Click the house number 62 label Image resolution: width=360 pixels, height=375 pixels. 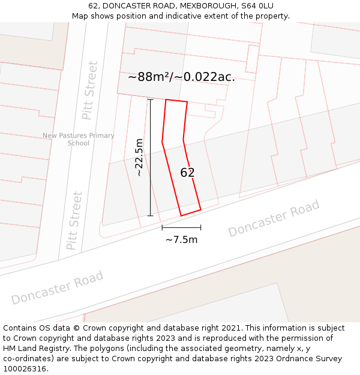point(187,173)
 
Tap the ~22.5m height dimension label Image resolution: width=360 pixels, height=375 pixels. point(139,157)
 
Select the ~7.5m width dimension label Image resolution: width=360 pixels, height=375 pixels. point(181,240)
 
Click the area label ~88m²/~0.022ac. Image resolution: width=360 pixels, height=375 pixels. point(181,77)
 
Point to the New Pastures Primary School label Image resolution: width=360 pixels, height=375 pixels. point(79,139)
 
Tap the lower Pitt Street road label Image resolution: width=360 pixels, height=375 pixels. point(74,220)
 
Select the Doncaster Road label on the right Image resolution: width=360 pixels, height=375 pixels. point(274,219)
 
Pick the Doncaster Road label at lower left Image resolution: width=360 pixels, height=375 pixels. point(57,287)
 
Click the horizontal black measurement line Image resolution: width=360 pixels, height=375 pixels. point(181,227)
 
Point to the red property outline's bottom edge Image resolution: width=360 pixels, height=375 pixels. point(191,212)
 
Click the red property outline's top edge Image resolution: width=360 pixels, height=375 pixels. point(176,101)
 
